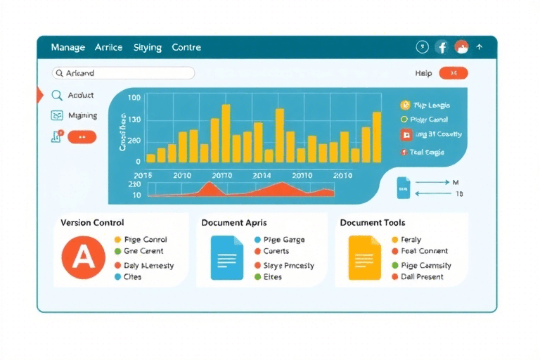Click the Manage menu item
[x=67, y=48]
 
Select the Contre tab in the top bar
[x=186, y=48]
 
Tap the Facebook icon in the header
[x=442, y=47]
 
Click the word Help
[x=423, y=73]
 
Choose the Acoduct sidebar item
[x=81, y=95]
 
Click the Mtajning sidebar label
[x=82, y=115]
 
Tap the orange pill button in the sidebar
[x=82, y=137]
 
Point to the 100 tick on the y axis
[x=134, y=98]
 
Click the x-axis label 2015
[x=143, y=175]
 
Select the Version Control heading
[x=92, y=223]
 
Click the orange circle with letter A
[x=83, y=258]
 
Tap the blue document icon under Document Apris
[x=227, y=257]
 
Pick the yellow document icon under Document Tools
[x=364, y=257]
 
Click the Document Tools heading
[x=372, y=223]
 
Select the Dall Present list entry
[x=422, y=277]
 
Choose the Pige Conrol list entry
[x=145, y=240]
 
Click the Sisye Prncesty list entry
[x=288, y=266]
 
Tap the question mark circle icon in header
[x=422, y=47]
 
